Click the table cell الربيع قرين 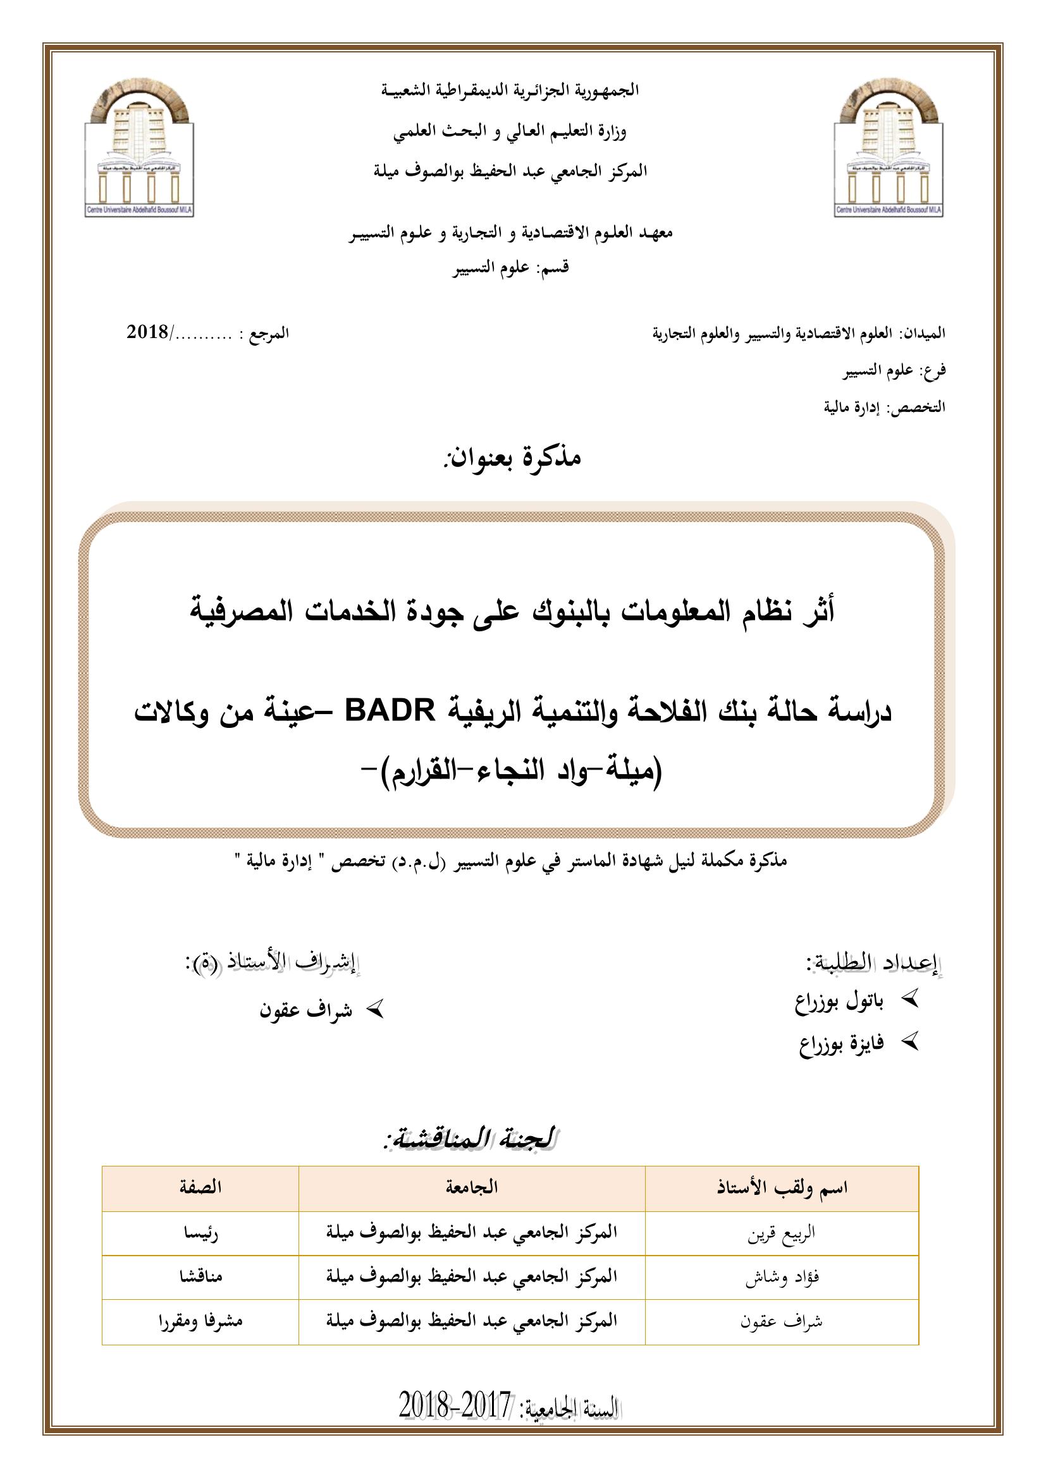(781, 1233)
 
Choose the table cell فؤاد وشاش (782, 1276)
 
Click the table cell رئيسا (200, 1233)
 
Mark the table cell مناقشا (200, 1276)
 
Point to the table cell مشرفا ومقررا (200, 1321)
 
